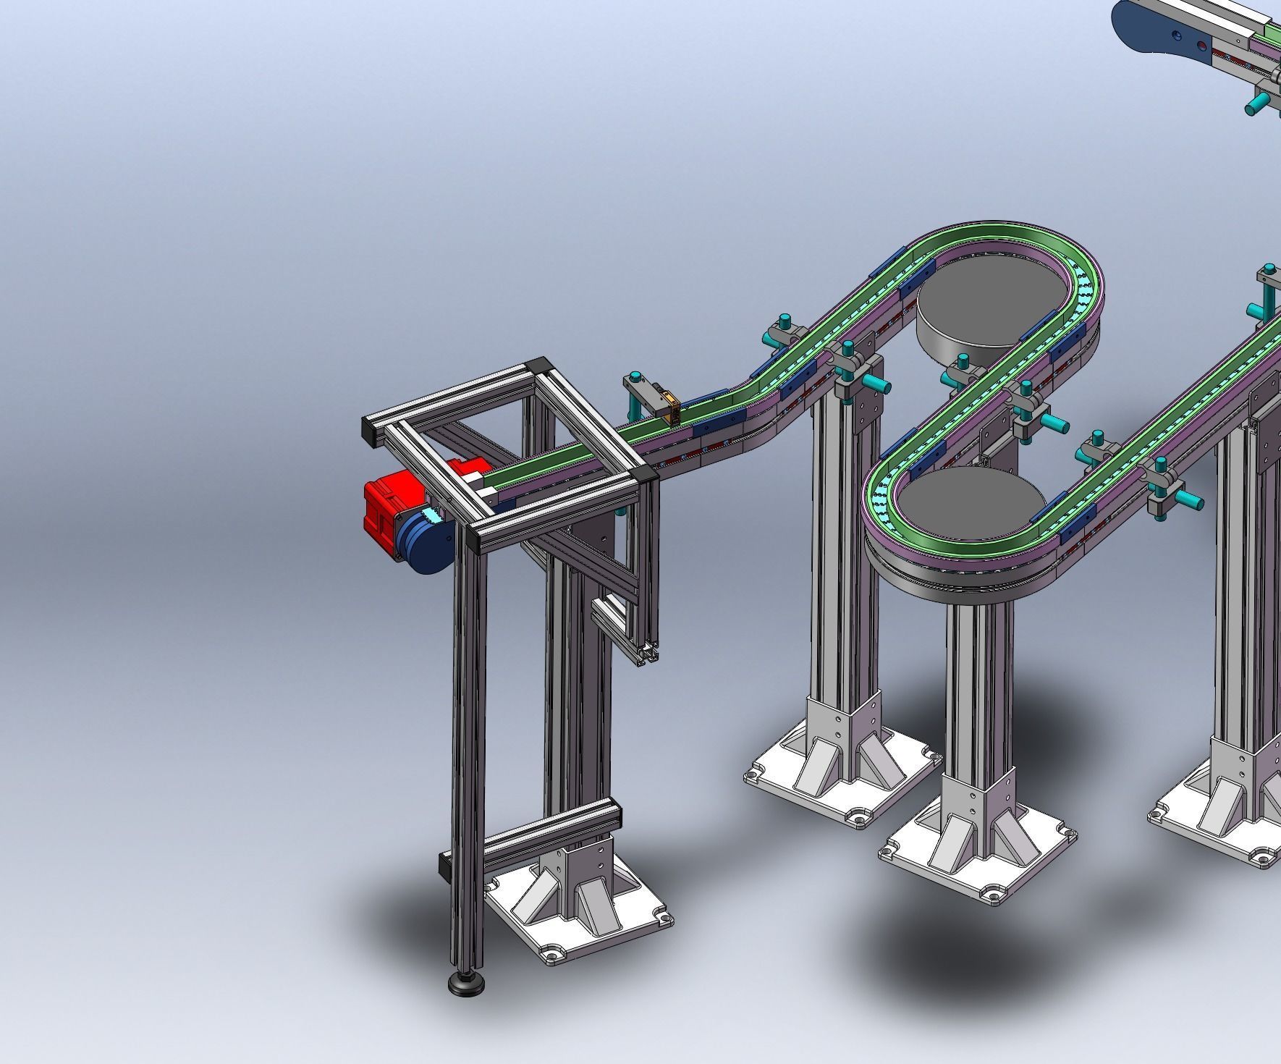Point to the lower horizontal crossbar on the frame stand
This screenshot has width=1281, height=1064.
[550, 832]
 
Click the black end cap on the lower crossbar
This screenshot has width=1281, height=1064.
[444, 865]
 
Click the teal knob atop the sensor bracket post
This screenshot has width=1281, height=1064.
[635, 377]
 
